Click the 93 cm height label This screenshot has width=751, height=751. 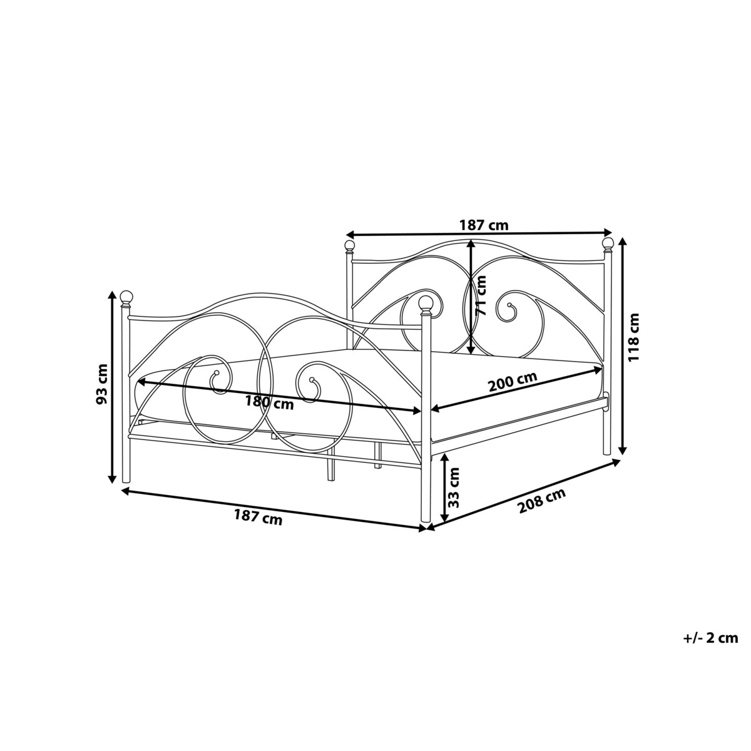(x=103, y=384)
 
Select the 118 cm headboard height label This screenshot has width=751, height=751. (x=634, y=344)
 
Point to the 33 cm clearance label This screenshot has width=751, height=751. (x=453, y=487)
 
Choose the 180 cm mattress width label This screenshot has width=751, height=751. (x=269, y=403)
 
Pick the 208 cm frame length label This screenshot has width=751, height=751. (x=541, y=501)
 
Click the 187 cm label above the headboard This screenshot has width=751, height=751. (x=484, y=225)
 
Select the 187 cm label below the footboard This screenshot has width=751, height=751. (x=258, y=517)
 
